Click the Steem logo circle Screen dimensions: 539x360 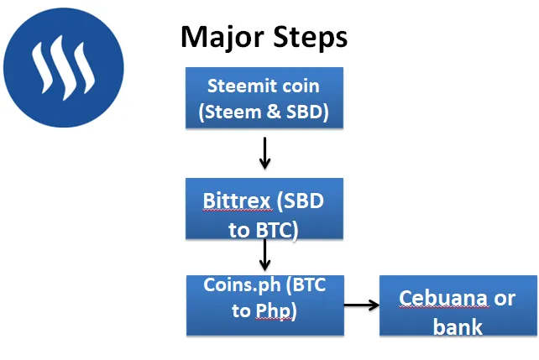(64, 68)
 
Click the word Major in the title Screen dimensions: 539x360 (222, 37)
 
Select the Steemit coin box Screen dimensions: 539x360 (264, 98)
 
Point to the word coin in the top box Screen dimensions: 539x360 (301, 86)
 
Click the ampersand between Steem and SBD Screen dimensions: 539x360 (274, 112)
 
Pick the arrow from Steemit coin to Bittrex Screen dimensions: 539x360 (264, 154)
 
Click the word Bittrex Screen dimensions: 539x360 (237, 201)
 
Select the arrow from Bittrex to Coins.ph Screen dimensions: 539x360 (264, 255)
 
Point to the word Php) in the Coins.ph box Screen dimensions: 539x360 (276, 311)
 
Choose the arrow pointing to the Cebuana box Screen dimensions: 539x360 (362, 305)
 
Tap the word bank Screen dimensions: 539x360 (458, 326)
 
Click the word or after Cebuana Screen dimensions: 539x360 (505, 299)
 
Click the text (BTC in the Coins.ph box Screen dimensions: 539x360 (306, 285)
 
